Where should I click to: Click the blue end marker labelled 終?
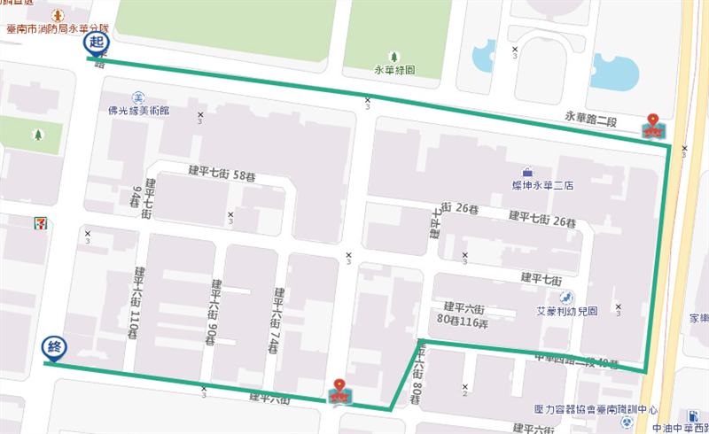click(x=52, y=347)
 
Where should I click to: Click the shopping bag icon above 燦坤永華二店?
click(x=528, y=172)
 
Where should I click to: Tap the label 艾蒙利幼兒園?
click(x=567, y=312)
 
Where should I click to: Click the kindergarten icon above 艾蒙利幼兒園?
click(x=567, y=297)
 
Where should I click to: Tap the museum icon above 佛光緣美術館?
click(x=137, y=97)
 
